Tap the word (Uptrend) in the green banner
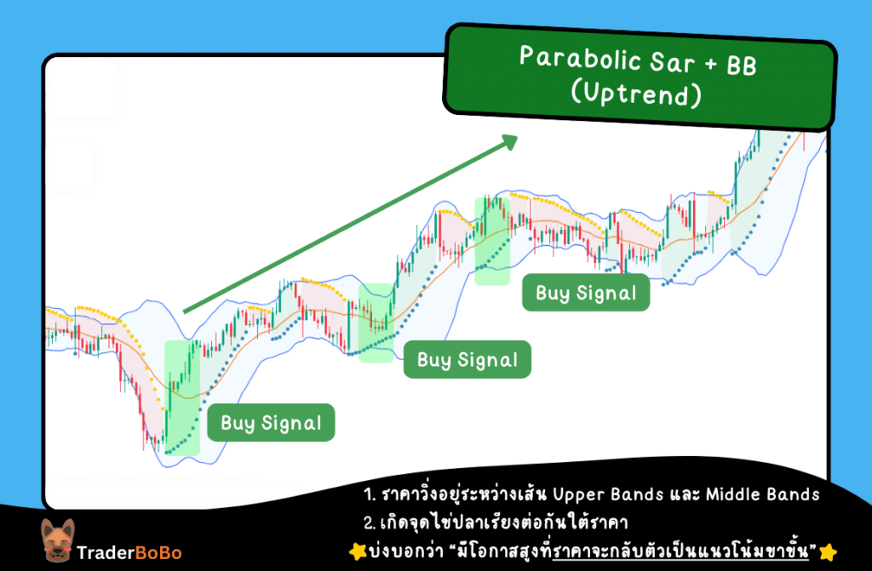point(637,95)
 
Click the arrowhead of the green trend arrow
point(509,140)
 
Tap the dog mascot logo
point(56,540)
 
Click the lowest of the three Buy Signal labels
point(272,423)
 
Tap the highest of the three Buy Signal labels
point(586,294)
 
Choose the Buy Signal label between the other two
point(468,360)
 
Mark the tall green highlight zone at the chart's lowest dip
point(181,397)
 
